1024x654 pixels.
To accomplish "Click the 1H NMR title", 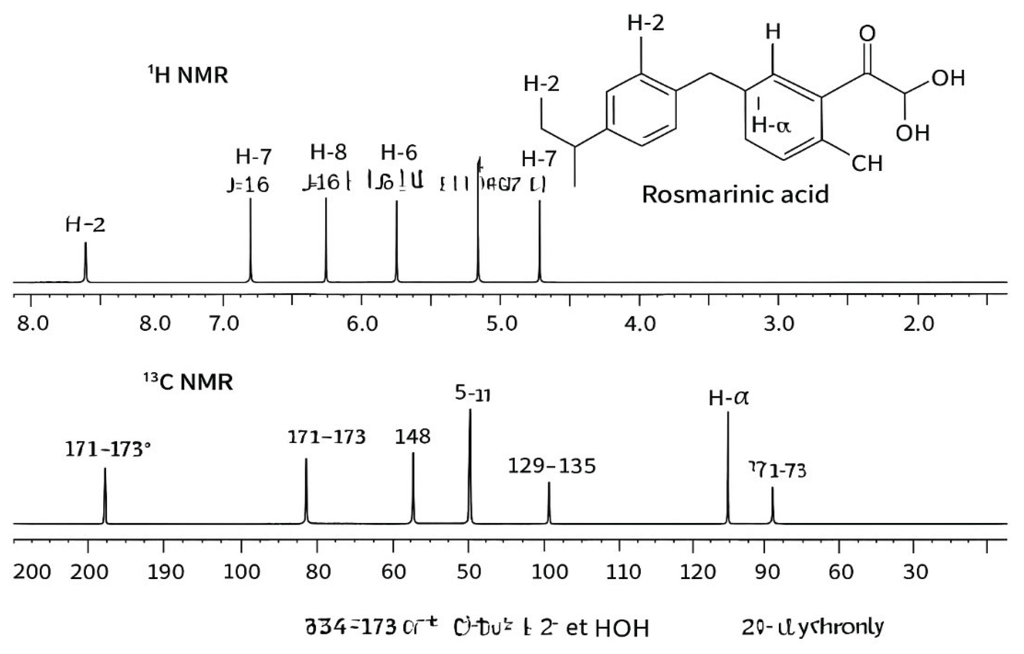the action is pos(188,75).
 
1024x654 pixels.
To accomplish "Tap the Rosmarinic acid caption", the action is pos(735,194).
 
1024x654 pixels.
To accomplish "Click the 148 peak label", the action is pos(413,436).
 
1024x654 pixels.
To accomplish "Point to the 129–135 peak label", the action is pos(552,466).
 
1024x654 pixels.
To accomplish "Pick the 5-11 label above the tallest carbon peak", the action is pos(472,394).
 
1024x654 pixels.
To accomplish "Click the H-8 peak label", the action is pos(328,152).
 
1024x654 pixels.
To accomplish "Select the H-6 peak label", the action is pos(399,153).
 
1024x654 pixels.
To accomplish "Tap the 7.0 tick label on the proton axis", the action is pos(224,324).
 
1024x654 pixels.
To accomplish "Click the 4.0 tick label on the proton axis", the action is pos(640,324).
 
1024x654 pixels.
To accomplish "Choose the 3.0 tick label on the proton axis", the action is pos(779,324).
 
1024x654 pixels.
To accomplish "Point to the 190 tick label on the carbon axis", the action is pos(166,572).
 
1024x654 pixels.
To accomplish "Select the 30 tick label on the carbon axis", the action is pos(916,572).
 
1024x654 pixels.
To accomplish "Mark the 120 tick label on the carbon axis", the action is pos(698,572).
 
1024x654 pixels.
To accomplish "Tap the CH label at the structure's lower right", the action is pos(867,163).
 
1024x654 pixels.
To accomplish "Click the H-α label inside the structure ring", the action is pos(771,126).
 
